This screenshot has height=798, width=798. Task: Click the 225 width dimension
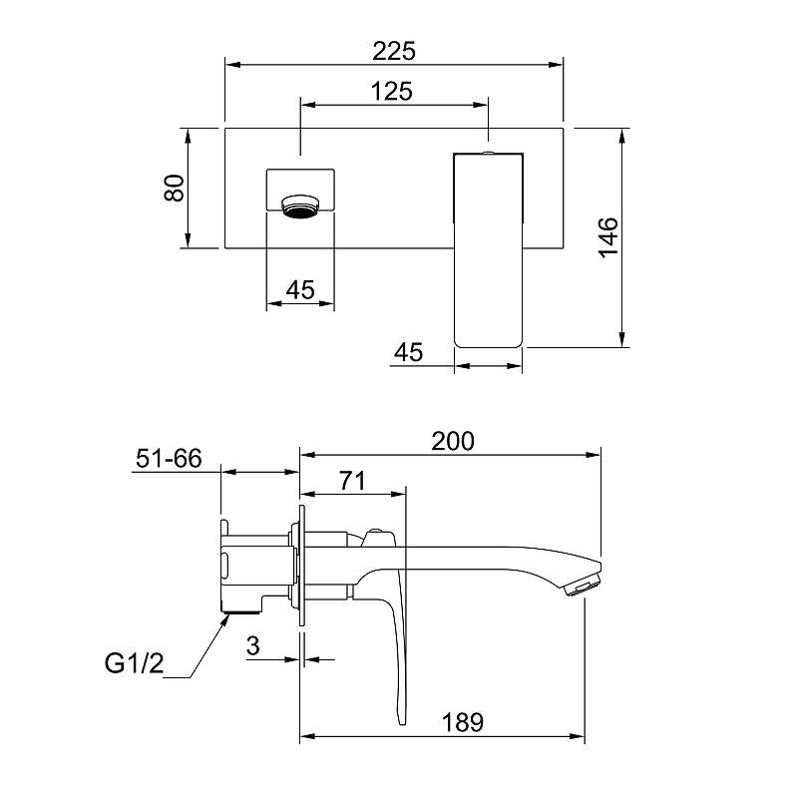coord(394,51)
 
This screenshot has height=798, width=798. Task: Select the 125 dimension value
coord(391,92)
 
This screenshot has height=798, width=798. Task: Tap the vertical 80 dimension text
coord(174,188)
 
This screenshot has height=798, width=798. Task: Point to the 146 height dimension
coord(607,237)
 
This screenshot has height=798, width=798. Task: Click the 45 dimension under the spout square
coord(300,290)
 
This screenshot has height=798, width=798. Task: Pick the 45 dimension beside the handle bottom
coord(408,352)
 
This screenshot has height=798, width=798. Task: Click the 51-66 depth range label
coord(169,458)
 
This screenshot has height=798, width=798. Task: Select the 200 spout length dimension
coord(453,441)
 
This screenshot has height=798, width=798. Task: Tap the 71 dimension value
coord(352,481)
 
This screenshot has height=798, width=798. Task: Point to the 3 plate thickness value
coord(253,645)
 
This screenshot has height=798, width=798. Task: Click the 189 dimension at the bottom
coord(462,722)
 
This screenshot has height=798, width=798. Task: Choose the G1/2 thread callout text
coord(135,663)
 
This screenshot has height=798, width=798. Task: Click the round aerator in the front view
coord(301,205)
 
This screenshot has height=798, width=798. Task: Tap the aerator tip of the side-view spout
coord(584,585)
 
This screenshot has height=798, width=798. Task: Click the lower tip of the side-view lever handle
coord(402,720)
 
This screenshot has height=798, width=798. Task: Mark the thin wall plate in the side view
coord(302,566)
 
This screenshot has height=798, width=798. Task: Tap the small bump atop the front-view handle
coord(488,152)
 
